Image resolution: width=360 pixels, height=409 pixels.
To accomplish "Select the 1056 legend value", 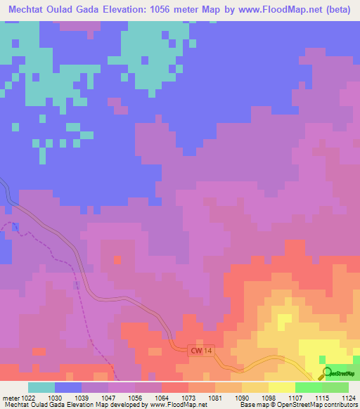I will click(134, 398).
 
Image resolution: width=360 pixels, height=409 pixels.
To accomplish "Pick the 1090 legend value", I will click(241, 398).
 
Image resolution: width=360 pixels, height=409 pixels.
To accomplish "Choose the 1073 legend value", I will click(188, 398).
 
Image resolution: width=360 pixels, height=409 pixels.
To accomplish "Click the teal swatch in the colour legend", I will click(41, 387).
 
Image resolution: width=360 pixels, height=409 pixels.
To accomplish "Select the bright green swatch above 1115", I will click(307, 387).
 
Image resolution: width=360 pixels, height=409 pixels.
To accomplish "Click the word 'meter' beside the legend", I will click(10, 398).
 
